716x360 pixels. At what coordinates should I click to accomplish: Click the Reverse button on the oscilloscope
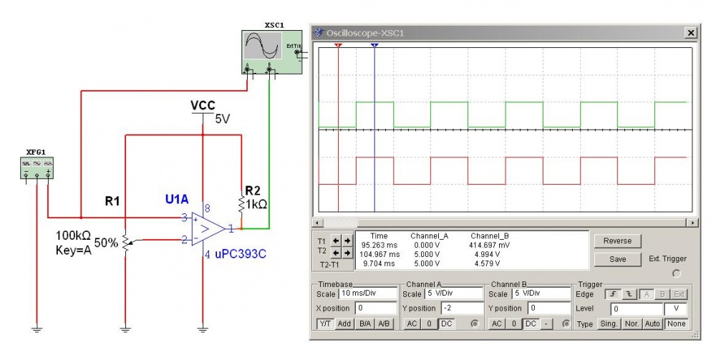click(617, 241)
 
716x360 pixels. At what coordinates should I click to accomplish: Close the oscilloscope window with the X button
click(690, 33)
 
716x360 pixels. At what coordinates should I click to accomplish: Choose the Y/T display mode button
click(324, 324)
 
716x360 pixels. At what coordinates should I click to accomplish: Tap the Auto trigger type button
click(652, 324)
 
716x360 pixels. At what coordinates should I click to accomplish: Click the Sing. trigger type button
click(609, 324)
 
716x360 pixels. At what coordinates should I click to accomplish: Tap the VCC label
click(203, 106)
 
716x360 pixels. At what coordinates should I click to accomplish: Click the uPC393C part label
click(240, 253)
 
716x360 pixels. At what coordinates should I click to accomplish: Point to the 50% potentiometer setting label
click(107, 243)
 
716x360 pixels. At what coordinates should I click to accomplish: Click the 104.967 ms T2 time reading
click(379, 254)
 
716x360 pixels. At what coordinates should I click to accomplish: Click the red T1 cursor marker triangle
click(338, 44)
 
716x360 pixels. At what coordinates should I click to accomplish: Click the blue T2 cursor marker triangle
click(374, 44)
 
